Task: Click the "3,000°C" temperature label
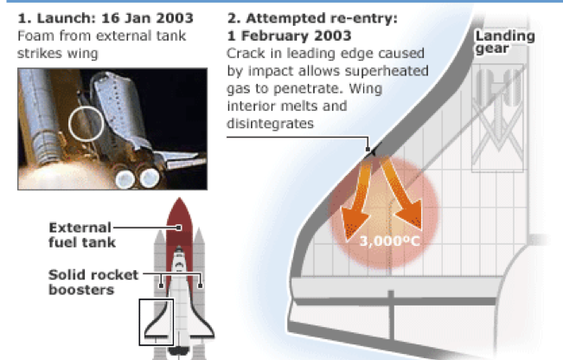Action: pyautogui.click(x=389, y=241)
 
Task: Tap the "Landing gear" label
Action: pyautogui.click(x=505, y=42)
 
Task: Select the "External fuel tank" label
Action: pyautogui.click(x=82, y=235)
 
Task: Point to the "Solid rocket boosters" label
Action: pyautogui.click(x=93, y=282)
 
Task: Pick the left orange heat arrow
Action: pyautogui.click(x=358, y=201)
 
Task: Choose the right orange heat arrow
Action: pyautogui.click(x=402, y=194)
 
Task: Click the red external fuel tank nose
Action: pyautogui.click(x=179, y=215)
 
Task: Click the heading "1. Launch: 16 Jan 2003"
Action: pyautogui.click(x=106, y=18)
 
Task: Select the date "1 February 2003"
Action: pyautogui.click(x=289, y=35)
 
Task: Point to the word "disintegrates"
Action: pyautogui.click(x=270, y=124)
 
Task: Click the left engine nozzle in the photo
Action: pyautogui.click(x=125, y=178)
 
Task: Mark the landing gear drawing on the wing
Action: pyautogui.click(x=498, y=115)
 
